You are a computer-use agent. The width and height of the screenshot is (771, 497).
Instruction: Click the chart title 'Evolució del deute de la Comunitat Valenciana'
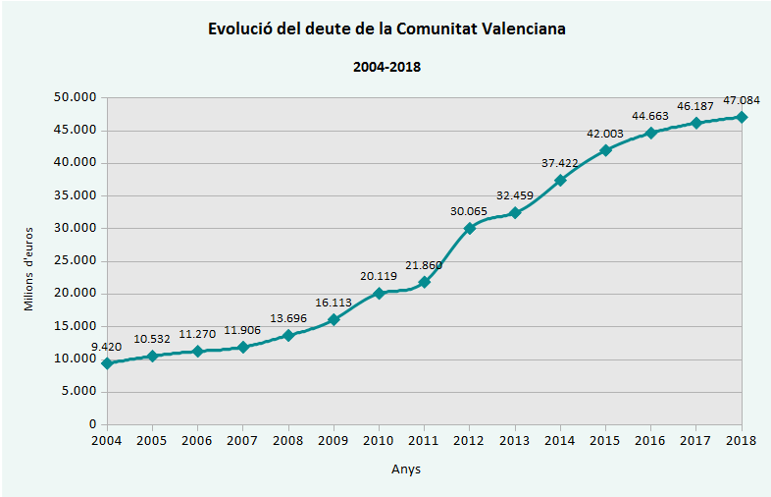tap(386, 28)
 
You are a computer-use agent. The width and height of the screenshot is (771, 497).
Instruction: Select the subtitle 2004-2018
tap(386, 67)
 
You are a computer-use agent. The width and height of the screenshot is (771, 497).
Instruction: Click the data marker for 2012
tap(470, 228)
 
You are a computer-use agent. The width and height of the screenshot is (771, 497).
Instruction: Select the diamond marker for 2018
tap(742, 117)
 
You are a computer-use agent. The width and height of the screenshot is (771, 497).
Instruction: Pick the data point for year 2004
tap(107, 363)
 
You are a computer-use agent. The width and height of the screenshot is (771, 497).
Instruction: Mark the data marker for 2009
tap(334, 319)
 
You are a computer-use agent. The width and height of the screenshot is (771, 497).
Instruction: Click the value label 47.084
tap(741, 100)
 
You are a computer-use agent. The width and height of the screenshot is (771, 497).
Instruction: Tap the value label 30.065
tap(469, 211)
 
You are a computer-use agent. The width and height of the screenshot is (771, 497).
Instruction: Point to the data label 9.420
tap(107, 347)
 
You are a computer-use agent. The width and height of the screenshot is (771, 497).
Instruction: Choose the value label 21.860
tap(424, 265)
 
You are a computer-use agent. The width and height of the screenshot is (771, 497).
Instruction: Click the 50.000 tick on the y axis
tap(76, 97)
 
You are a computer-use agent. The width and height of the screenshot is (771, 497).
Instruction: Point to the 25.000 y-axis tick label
tap(76, 260)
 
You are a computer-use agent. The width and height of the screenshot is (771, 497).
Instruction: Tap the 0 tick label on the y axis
tap(92, 424)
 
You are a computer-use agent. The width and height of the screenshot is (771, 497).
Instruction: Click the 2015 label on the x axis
tap(605, 441)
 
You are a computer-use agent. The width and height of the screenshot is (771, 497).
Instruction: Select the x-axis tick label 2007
tap(242, 441)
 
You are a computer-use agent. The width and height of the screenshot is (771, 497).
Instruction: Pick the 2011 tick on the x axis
tap(424, 441)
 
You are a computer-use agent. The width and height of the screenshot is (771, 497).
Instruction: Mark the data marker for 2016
tap(651, 133)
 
